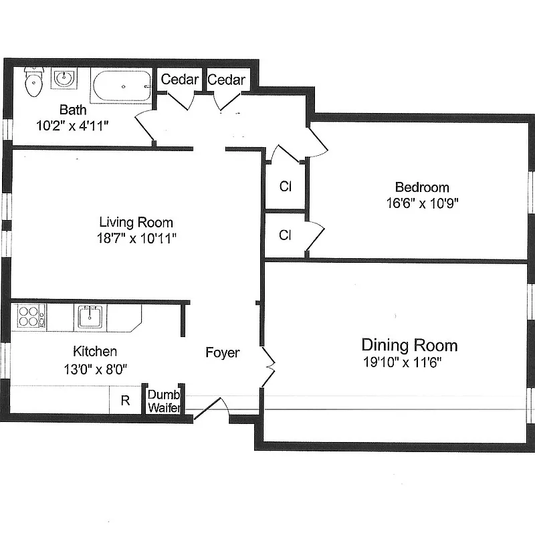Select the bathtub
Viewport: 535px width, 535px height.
[121, 87]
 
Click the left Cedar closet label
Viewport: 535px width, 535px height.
[179, 80]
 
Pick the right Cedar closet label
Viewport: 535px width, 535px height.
[226, 80]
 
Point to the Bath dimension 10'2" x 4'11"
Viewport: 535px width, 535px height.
[73, 124]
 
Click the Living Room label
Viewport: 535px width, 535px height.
[136, 223]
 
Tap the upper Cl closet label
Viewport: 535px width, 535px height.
[285, 187]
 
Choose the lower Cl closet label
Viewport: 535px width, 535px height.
[285, 235]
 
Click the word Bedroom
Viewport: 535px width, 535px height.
[421, 187]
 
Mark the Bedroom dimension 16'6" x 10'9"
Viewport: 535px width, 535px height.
[421, 203]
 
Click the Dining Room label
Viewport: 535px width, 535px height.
[409, 345]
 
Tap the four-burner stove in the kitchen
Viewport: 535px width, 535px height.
[29, 316]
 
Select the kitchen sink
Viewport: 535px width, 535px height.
[90, 316]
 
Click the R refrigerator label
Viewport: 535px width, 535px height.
[125, 401]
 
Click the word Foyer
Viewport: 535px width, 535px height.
[222, 352]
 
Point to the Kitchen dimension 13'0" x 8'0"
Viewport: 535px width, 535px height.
[95, 367]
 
